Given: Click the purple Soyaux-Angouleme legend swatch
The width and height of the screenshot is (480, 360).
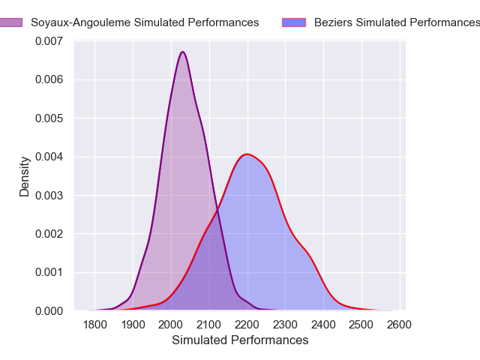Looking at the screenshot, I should coord(10,22).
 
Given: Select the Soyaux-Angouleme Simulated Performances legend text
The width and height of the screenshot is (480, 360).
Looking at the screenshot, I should coord(143,22).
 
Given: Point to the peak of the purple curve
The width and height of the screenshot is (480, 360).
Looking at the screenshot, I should coord(182,52).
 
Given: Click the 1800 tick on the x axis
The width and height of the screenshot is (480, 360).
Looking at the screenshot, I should coord(95,325).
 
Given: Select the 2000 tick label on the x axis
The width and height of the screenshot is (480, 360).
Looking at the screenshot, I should coord(171,325).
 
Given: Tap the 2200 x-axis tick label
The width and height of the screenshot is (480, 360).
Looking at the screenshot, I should coord(247,325).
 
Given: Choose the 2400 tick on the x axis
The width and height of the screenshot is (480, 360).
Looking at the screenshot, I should coord(323,325).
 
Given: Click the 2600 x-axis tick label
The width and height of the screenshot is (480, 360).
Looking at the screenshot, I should coord(400,325).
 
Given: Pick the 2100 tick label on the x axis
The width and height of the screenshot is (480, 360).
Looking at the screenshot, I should coord(209,325).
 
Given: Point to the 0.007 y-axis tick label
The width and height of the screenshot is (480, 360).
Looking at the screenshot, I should coord(49,41).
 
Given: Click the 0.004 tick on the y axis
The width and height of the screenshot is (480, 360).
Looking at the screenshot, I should coord(49,157).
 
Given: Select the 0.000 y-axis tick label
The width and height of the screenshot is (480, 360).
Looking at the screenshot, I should coord(49,310).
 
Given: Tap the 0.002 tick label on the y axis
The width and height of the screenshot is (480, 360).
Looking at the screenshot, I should coord(49,234).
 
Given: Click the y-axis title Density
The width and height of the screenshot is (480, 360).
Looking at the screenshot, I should coord(25,176).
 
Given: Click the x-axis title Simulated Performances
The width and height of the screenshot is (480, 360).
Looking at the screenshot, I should coord(240,340).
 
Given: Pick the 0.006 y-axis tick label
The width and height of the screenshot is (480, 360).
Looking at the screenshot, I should coord(49,79).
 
